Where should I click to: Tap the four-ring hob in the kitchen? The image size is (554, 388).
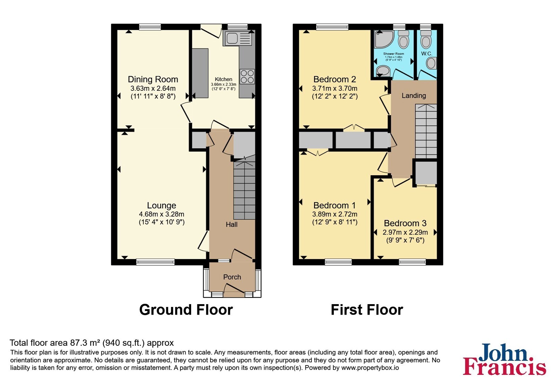click(247, 77)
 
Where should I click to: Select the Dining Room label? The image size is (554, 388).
click(153, 79)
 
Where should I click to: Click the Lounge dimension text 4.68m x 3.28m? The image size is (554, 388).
click(161, 214)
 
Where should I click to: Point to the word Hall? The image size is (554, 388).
click(232, 224)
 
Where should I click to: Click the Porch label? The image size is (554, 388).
click(232, 277)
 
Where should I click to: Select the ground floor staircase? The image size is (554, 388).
click(244, 191)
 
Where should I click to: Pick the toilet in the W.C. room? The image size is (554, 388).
click(426, 39)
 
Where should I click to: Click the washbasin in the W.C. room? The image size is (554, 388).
click(431, 63)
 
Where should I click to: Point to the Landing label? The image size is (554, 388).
click(414, 96)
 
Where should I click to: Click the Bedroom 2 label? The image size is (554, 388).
click(334, 79)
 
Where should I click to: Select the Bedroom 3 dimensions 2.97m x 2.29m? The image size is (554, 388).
click(405, 232)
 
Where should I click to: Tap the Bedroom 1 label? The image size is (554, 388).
click(334, 205)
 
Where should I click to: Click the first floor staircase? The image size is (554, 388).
click(426, 131)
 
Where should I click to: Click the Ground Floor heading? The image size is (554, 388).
click(186, 310)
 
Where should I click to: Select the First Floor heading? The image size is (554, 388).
click(367, 310)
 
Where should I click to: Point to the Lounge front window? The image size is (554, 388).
click(155, 262)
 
